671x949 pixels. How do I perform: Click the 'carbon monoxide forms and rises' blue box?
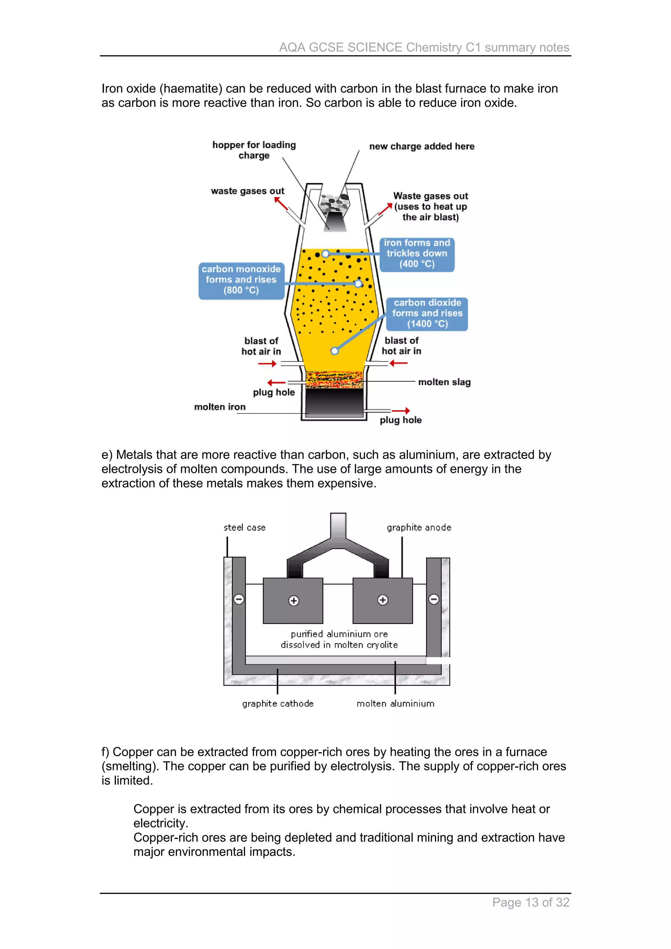pos(241,280)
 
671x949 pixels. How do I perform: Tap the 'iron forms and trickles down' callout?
pos(417,254)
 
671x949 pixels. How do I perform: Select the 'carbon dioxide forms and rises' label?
pos(427,314)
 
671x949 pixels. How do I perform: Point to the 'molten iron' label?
pos(220,407)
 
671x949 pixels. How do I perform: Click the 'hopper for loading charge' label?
pos(254,150)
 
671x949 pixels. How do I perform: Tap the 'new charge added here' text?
pos(422,146)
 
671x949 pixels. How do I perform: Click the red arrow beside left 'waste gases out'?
pos(281,203)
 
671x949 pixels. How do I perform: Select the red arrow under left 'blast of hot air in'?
pos(267,364)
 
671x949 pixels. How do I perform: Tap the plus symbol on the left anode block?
pos(294,601)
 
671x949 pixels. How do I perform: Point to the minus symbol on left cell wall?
pos(239,599)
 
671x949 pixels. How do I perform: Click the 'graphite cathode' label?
pos(278,703)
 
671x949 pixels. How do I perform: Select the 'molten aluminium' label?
pos(395,703)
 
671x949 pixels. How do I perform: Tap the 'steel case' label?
pos(244,528)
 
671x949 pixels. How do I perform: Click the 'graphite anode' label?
pos(419,528)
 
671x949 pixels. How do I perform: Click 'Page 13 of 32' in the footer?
pos(530,902)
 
